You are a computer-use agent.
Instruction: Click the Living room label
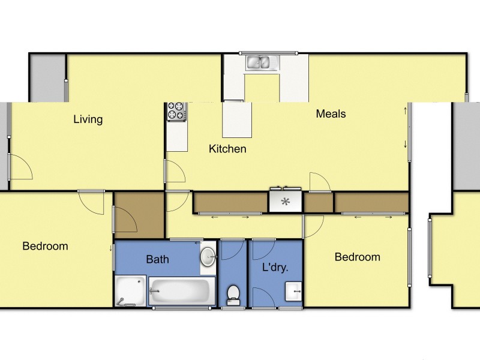point(88,119)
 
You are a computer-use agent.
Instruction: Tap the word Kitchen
point(227,149)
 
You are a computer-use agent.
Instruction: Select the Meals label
point(331,113)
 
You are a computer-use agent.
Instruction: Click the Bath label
point(157,260)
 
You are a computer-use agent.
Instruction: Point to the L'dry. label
point(276,268)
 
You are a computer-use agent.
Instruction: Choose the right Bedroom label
point(357,257)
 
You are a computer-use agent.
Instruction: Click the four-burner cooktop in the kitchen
point(176,111)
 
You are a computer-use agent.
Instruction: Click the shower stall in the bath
point(130,291)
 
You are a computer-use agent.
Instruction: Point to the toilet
point(233,294)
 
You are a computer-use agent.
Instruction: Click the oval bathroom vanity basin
point(208,257)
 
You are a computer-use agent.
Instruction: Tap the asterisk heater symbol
point(286,202)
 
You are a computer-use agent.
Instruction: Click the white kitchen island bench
point(237,119)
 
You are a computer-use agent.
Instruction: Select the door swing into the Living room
point(21,166)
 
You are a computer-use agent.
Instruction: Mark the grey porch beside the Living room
point(47,78)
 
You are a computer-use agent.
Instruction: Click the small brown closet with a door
point(139,215)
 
